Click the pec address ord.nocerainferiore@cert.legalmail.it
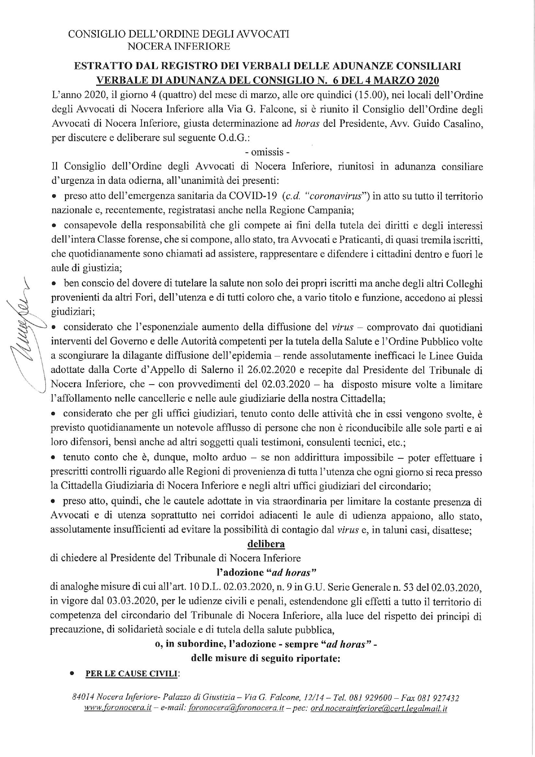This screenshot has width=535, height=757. pyautogui.click(x=378, y=709)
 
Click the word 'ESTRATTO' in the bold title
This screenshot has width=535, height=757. pyautogui.click(x=102, y=66)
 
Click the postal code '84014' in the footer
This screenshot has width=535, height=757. pyautogui.click(x=83, y=698)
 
